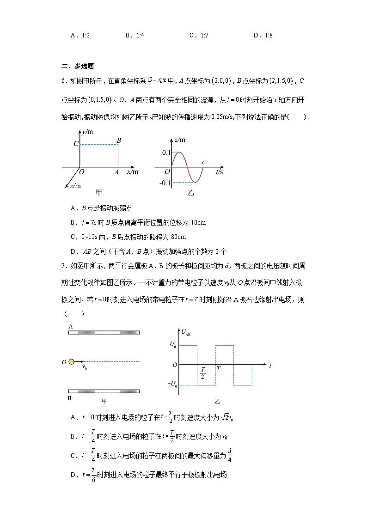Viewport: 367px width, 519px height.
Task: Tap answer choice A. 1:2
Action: coord(80,35)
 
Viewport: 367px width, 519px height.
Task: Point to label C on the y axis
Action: coord(75,144)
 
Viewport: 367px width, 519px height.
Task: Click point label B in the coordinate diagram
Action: coord(119,140)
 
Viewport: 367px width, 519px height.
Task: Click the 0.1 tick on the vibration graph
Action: coord(166,152)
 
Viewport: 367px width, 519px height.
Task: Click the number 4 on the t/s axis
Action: coord(203,163)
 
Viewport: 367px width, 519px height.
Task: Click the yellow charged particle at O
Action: coord(71,362)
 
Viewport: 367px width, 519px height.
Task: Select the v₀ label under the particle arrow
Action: coord(85,368)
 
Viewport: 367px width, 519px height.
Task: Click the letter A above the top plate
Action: coord(71,326)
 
